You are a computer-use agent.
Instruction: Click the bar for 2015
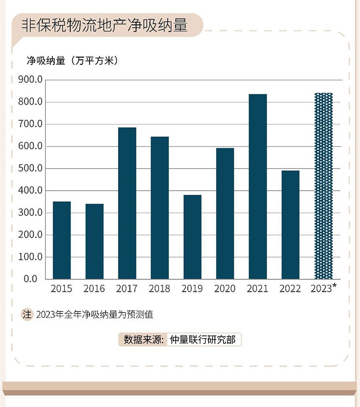(x=62, y=241)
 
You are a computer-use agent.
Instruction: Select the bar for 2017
(x=127, y=203)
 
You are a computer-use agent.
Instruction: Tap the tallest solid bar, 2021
(x=258, y=187)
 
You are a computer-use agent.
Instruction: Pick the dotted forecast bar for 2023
(x=323, y=186)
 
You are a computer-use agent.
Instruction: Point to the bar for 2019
(x=192, y=237)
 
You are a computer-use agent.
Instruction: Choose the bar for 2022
(x=290, y=225)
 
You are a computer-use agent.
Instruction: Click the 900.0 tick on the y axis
(x=30, y=80)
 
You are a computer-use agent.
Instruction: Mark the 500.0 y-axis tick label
(x=30, y=168)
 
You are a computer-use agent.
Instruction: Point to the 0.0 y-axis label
(x=30, y=279)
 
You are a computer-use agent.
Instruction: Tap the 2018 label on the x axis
(x=159, y=288)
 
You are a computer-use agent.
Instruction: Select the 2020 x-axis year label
(x=225, y=288)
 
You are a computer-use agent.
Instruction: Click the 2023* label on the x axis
(x=323, y=288)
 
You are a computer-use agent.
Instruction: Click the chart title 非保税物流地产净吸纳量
(x=105, y=25)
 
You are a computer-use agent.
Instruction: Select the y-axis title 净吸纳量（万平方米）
(x=73, y=61)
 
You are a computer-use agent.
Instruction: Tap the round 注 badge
(x=27, y=315)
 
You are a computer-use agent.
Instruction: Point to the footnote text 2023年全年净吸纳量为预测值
(x=95, y=315)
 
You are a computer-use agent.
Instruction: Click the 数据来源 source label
(x=144, y=340)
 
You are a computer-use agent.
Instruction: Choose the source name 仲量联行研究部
(x=203, y=340)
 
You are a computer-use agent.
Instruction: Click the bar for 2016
(x=94, y=241)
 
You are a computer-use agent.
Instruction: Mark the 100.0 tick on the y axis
(x=30, y=257)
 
